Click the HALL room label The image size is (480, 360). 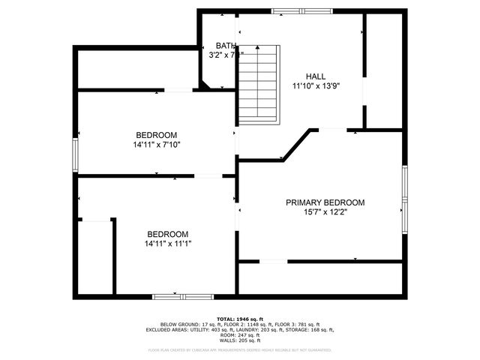click(316, 76)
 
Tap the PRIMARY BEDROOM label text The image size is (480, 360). click(325, 202)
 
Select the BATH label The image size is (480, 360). click(225, 45)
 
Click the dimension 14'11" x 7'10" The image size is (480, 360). click(157, 145)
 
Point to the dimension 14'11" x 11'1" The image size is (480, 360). click(168, 243)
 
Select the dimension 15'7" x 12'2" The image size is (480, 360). click(325, 212)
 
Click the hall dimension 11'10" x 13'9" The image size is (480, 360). click(316, 86)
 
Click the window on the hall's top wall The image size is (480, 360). click(293, 11)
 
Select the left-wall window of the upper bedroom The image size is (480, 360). click(75, 154)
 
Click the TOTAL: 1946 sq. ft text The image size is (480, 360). click(240, 319)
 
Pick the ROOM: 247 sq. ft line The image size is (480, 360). click(240, 334)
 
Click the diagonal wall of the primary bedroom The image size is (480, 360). click(295, 144)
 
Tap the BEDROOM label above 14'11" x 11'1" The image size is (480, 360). click(168, 233)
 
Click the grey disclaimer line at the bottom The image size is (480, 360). click(240, 349)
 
